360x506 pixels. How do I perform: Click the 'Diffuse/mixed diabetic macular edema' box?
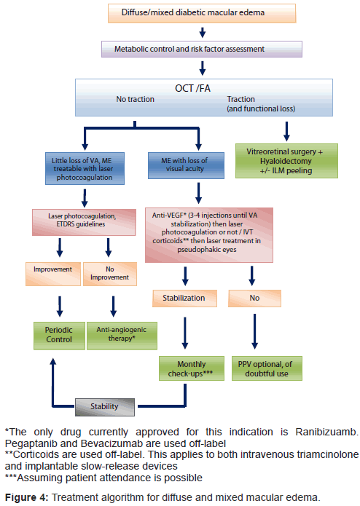202,13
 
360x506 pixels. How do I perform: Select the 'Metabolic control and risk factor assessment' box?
202,49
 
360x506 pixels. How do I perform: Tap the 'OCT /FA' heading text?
192,88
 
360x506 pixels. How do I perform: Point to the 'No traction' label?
136,99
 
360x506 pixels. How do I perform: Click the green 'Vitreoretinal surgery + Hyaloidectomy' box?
286,161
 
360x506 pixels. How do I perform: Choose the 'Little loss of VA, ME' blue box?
85,168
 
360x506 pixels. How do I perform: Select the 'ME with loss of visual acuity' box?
186,165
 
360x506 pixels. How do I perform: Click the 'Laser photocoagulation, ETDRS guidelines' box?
84,222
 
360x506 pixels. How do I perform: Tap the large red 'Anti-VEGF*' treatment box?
209,235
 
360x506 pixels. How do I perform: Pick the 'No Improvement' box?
110,274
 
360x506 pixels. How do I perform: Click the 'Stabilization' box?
184,299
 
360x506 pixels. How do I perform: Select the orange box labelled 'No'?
255,299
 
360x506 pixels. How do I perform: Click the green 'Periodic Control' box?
60,336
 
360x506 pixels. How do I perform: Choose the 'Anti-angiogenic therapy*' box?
122,336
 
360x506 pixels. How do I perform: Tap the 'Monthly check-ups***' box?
192,368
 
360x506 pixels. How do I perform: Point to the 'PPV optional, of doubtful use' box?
267,368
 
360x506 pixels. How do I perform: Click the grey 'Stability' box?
105,407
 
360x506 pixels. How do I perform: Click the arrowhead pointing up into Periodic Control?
53,361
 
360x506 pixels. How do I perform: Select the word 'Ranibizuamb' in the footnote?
326,432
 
